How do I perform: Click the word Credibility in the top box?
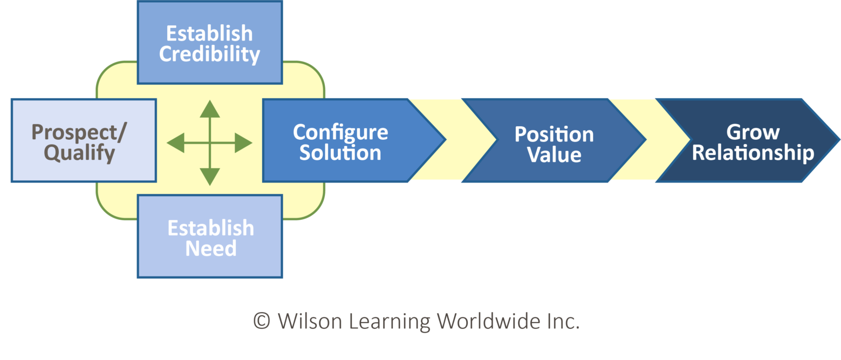coord(209,55)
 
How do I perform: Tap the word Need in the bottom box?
coord(211,249)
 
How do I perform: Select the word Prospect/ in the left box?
coord(79,132)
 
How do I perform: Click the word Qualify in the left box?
coord(79,153)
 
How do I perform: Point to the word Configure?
coord(340,132)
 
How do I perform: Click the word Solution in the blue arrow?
coord(340,153)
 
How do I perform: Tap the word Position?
coord(554,135)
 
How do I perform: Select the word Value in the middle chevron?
coord(554,155)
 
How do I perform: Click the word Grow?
coord(753,132)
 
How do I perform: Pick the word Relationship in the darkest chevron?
coord(753,153)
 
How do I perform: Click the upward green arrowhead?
coord(210,109)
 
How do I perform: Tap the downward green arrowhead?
coord(210,177)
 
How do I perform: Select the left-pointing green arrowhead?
coord(176,143)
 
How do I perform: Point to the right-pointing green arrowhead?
coord(243,143)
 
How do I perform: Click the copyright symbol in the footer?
coord(261,321)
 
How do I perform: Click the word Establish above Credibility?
coord(209,34)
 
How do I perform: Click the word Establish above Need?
coord(211,228)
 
